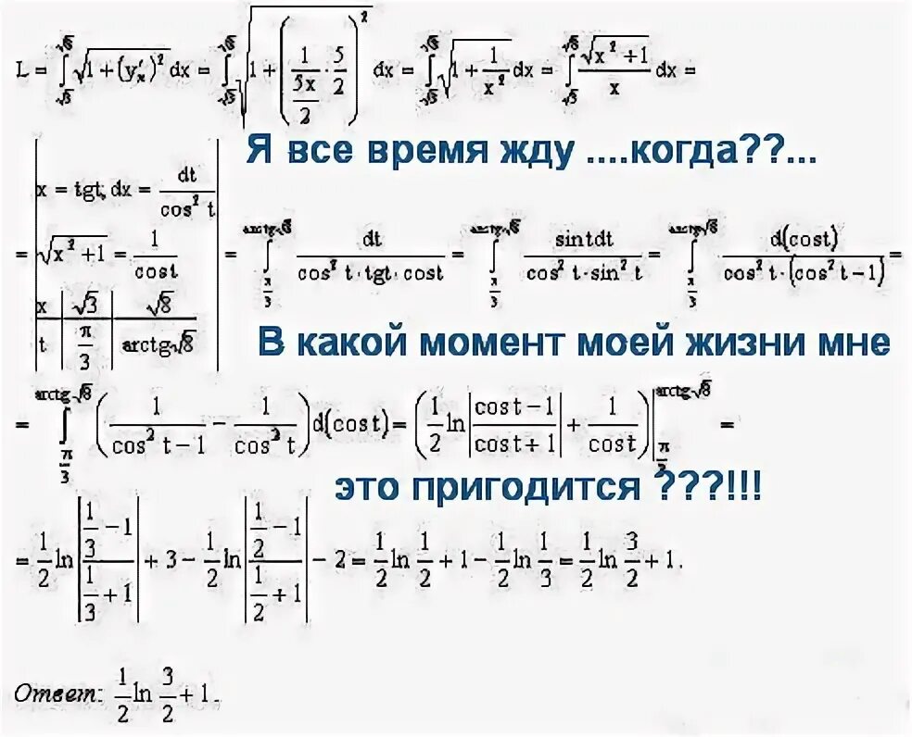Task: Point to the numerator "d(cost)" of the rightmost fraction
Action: click(804, 239)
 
